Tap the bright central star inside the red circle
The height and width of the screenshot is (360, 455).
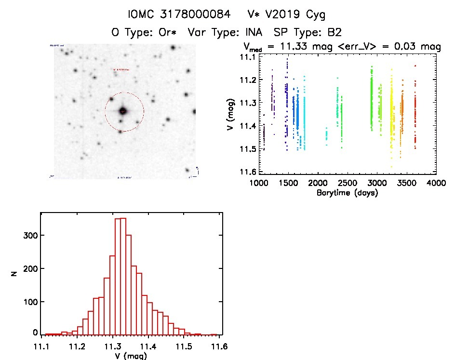pyautogui.click(x=123, y=111)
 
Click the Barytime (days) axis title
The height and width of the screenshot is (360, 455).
pyautogui.click(x=347, y=193)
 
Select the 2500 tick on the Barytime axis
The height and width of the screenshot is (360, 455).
pyautogui.click(x=347, y=183)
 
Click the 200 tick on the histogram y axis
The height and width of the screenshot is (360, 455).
pyautogui.click(x=31, y=268)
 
